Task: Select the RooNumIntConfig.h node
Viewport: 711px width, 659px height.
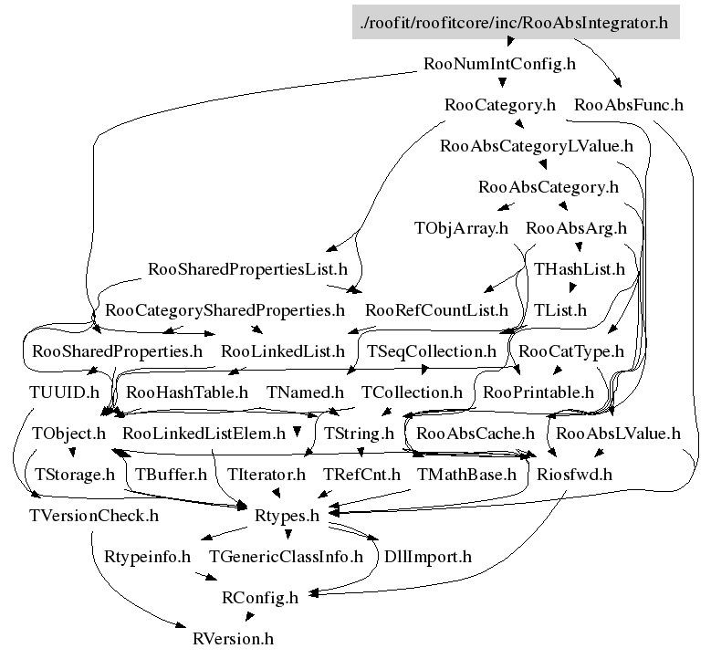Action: tap(500, 64)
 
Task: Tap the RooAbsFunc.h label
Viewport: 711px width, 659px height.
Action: tap(629, 104)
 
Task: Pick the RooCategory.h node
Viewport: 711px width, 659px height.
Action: tap(500, 104)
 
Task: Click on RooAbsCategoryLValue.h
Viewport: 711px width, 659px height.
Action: tap(537, 145)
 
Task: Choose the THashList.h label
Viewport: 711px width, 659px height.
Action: tap(580, 269)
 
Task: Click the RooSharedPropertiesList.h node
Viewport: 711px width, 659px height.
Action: tap(247, 269)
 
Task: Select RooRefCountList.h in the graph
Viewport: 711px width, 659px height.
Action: tap(436, 310)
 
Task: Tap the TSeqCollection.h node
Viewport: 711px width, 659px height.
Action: tap(432, 351)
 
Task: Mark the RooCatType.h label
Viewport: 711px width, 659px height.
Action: tap(571, 351)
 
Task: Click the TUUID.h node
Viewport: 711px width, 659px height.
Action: tap(63, 392)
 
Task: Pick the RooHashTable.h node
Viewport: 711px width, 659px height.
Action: tap(187, 392)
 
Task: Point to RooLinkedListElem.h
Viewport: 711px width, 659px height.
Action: tap(204, 433)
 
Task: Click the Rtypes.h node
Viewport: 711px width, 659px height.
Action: tap(287, 516)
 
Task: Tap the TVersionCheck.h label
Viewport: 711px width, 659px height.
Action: tap(93, 516)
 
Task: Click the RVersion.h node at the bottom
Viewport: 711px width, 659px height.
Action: tap(233, 638)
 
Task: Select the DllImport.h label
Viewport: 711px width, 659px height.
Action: tap(428, 556)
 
